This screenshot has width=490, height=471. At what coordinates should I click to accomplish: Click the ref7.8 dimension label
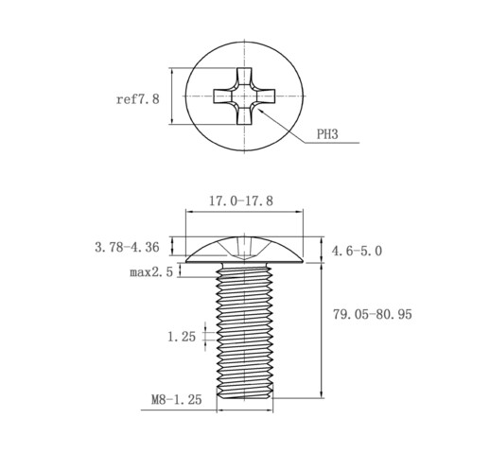(x=138, y=99)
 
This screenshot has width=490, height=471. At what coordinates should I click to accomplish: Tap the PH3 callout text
(x=327, y=134)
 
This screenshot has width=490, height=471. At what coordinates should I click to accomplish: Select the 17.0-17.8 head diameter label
(x=241, y=201)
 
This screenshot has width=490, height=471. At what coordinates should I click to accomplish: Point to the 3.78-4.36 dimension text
(x=127, y=247)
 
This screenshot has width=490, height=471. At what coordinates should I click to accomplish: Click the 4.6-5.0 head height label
(x=357, y=251)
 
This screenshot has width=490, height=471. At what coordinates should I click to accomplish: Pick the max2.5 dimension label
(x=151, y=271)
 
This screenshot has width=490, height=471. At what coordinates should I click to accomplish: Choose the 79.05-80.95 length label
(x=373, y=314)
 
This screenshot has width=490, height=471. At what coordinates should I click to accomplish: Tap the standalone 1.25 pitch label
(x=182, y=337)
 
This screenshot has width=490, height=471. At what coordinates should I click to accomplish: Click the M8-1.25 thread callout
(x=177, y=400)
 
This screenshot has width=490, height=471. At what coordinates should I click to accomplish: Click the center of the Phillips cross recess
(x=244, y=96)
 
